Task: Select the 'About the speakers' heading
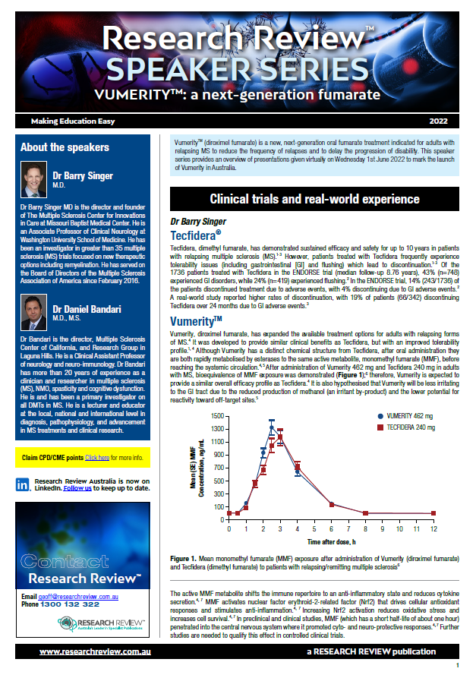pos(65,147)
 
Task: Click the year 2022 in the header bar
pos(439,121)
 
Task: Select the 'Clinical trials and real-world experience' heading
pos(314,199)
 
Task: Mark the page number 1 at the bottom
pos(457,665)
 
